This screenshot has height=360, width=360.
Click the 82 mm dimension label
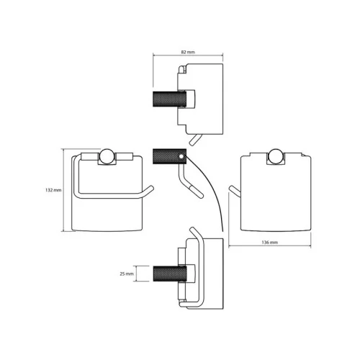point(188,52)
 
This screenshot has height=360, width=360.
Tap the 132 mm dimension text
point(53,190)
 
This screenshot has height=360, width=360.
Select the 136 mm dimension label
point(269,243)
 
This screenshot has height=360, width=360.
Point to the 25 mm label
point(127,274)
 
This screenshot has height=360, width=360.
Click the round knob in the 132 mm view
point(107,156)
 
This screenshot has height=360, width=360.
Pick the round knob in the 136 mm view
point(276,156)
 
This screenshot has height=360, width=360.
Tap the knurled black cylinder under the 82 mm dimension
point(169,99)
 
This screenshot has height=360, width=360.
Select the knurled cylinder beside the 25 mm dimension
point(169,274)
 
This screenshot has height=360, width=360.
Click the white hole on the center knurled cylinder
point(181,157)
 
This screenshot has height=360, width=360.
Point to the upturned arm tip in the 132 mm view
point(149,189)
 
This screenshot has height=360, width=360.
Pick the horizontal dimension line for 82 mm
point(188,55)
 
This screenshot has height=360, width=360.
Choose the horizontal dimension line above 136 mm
point(270,246)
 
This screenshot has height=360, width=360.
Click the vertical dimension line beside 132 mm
point(63,190)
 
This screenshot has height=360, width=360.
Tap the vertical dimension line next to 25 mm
point(136,274)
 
